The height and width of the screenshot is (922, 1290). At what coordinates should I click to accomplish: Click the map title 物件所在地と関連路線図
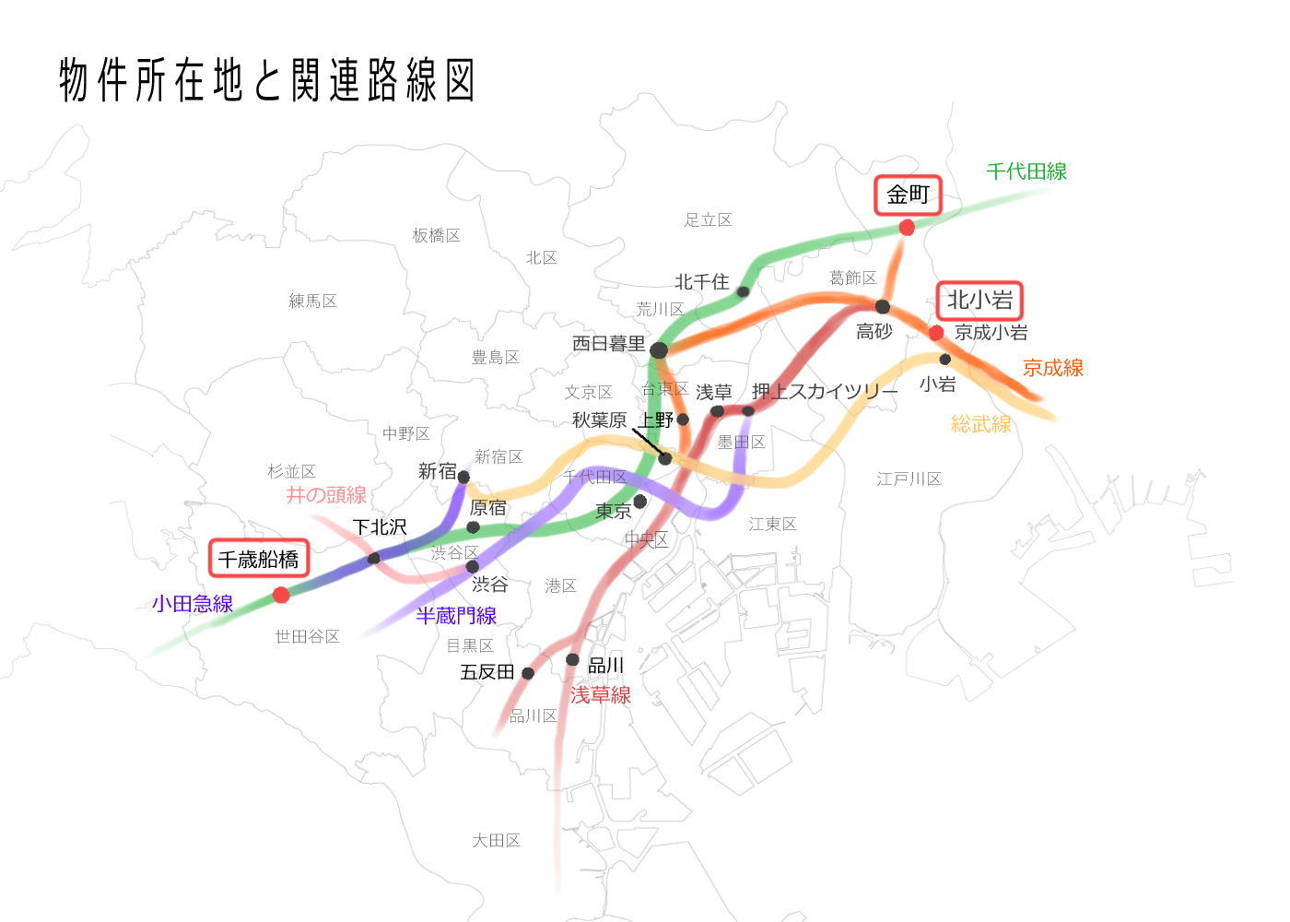tap(267, 80)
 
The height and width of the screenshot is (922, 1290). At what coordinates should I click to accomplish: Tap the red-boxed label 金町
tap(908, 195)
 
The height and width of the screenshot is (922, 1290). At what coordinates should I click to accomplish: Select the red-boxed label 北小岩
tap(979, 301)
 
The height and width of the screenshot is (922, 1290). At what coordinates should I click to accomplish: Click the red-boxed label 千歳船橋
tap(258, 559)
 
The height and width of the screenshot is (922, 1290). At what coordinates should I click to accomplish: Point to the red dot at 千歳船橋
tap(281, 595)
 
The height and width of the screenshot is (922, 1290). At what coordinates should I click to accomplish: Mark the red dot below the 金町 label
tap(907, 227)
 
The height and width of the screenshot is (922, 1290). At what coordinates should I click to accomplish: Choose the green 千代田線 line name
tap(1026, 171)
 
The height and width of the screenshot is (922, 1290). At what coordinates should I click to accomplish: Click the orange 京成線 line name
tap(1053, 368)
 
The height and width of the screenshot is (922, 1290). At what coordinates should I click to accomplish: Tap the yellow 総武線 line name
tap(981, 424)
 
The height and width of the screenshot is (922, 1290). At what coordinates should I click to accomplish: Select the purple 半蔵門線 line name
tap(456, 616)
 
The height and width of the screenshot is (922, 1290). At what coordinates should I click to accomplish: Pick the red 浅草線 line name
tap(601, 695)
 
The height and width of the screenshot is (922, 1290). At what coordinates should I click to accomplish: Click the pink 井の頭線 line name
tap(326, 495)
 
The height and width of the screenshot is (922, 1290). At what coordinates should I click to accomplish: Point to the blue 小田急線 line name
tap(193, 604)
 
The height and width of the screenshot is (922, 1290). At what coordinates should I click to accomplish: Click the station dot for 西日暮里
tap(658, 350)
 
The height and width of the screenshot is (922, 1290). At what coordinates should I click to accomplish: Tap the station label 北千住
tap(701, 282)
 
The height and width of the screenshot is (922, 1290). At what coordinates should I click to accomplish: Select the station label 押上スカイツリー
tap(825, 392)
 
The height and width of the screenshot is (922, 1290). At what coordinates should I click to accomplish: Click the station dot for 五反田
tap(528, 673)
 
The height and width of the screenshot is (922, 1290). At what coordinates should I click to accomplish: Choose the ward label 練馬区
tap(313, 301)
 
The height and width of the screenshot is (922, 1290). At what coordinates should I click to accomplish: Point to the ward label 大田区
tap(497, 841)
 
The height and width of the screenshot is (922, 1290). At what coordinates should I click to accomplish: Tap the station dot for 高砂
tap(883, 306)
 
